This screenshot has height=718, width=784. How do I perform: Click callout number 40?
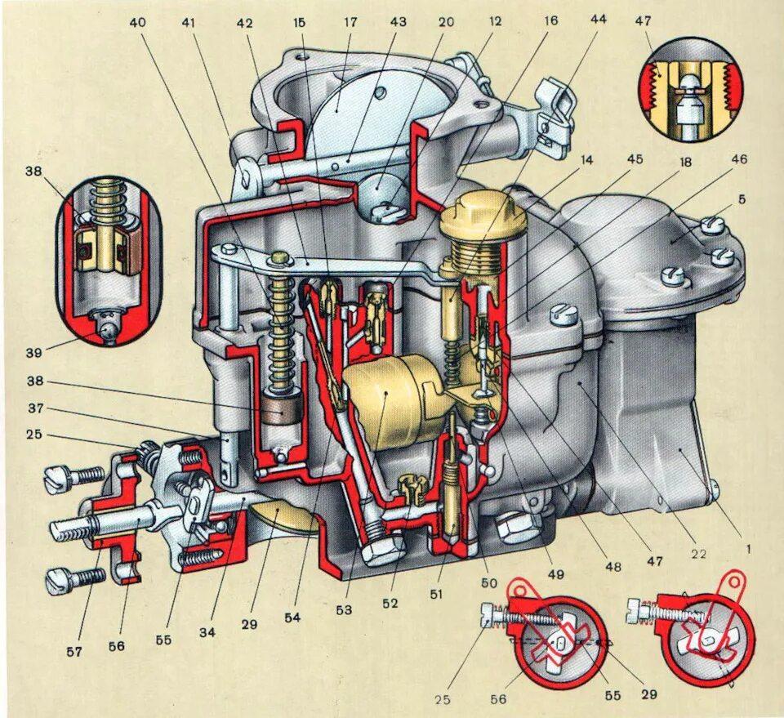coord(137,22)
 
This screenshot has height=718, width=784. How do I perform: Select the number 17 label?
coord(350,22)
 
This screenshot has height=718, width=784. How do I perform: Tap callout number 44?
coord(599,20)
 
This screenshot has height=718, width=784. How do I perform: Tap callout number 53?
coord(347,609)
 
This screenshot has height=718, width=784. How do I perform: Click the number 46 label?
coord(740,159)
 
